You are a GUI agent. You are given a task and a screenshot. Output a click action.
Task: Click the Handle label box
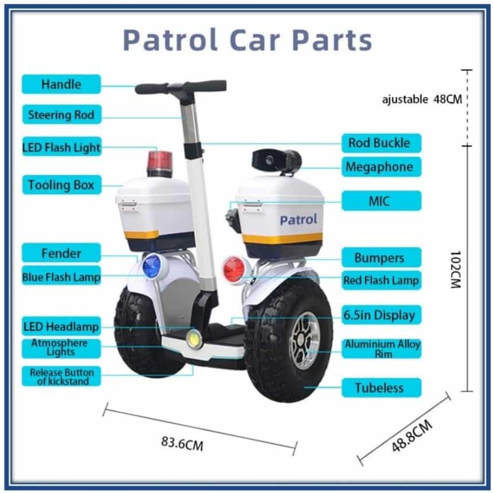click(61, 84)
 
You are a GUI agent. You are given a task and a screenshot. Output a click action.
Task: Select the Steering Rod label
click(62, 115)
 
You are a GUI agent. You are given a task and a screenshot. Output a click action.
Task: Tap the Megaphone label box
click(381, 167)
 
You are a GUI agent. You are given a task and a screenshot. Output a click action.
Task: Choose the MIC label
click(381, 201)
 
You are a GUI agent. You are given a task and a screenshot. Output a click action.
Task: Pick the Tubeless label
click(381, 388)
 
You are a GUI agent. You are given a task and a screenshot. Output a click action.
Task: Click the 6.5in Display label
click(381, 315)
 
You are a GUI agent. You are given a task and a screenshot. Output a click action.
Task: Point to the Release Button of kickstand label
click(61, 376)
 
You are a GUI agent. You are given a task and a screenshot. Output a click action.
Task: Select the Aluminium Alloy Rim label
click(381, 349)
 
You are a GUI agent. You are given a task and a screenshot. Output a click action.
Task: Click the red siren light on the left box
click(160, 163)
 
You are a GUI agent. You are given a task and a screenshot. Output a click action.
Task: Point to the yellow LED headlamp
click(194, 338)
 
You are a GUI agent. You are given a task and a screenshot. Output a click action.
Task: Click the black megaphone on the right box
click(277, 161)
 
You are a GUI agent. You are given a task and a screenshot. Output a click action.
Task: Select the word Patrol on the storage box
click(298, 220)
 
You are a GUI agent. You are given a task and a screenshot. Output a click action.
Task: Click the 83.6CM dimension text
click(182, 443)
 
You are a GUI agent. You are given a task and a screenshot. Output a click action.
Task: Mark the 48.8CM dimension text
click(412, 436)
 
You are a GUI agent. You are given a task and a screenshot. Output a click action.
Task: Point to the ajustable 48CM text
click(422, 99)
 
